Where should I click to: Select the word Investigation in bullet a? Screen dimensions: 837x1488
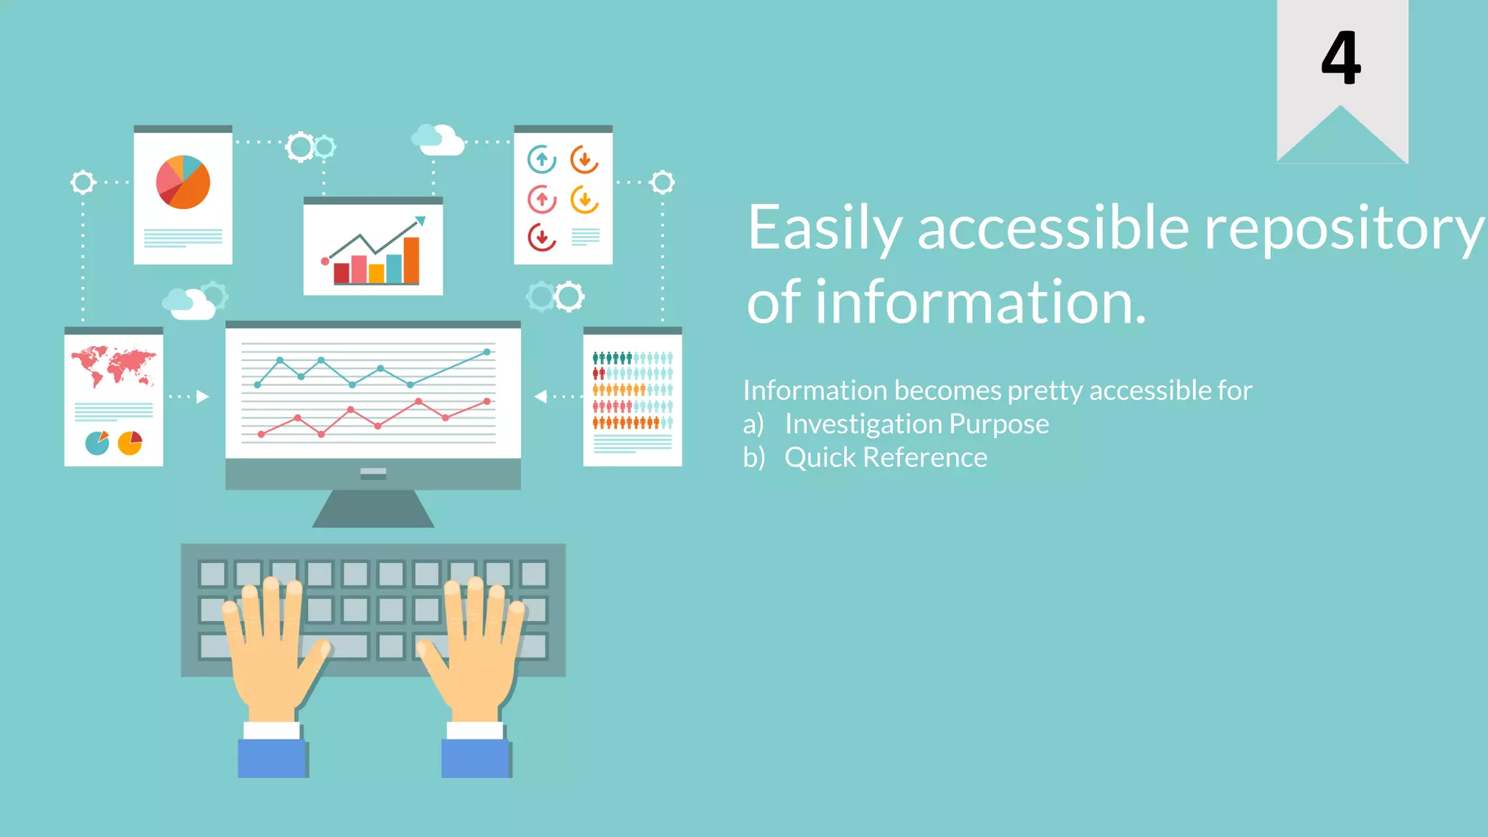click(861, 424)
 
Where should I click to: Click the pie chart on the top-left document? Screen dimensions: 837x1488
click(183, 182)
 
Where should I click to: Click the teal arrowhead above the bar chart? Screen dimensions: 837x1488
click(419, 221)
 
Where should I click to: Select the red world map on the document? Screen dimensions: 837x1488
click(113, 365)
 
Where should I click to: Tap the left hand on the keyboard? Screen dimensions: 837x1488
click(272, 647)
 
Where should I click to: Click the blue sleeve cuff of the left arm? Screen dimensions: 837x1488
click(272, 758)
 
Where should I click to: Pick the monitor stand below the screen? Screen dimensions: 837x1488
click(373, 508)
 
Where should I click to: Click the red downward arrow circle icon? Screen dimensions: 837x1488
click(541, 238)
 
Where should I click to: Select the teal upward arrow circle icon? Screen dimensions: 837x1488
click(541, 159)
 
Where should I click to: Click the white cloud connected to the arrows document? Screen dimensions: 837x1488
click(439, 140)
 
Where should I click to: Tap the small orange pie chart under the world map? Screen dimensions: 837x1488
click(130, 442)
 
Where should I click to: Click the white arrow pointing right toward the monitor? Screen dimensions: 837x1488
click(203, 397)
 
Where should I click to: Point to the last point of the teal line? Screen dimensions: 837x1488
click(487, 352)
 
